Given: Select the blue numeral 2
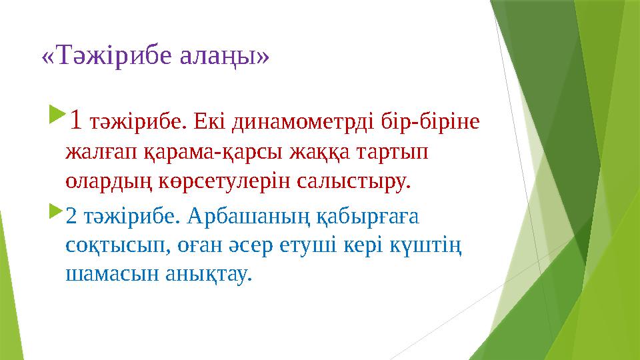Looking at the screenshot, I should (x=71, y=217).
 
